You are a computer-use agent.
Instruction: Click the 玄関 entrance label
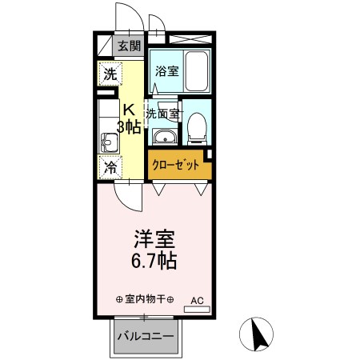(x=128, y=46)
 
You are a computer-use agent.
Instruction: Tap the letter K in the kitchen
(x=128, y=110)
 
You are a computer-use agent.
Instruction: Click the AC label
(x=197, y=301)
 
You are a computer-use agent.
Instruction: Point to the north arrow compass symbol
(x=258, y=334)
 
